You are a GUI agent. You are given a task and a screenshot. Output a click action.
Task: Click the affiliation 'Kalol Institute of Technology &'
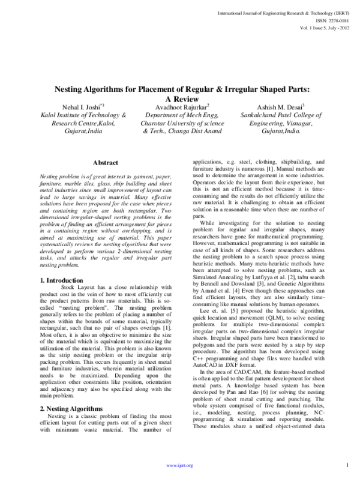83,115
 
